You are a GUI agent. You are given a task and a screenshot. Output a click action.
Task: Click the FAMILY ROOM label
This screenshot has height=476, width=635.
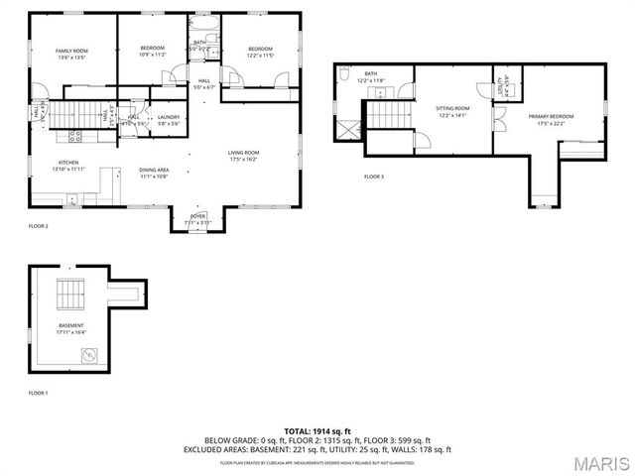[x=71, y=54]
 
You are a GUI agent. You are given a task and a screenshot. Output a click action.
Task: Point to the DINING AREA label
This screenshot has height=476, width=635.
[x=154, y=173]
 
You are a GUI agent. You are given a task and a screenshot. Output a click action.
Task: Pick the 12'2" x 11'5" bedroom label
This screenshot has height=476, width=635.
[x=260, y=52]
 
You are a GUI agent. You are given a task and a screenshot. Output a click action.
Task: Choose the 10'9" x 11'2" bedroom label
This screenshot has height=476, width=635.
[x=152, y=52]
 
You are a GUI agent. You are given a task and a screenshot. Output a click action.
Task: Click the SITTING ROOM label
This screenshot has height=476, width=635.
[x=452, y=111]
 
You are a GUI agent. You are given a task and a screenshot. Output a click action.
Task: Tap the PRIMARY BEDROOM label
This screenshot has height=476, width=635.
[x=555, y=121]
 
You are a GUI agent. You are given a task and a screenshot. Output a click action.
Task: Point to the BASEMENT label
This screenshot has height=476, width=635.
[x=71, y=328]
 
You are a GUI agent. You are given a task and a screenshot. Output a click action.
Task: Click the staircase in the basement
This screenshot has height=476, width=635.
[x=70, y=296]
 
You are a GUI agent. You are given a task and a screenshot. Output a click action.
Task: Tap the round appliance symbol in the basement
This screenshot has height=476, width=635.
[x=89, y=354]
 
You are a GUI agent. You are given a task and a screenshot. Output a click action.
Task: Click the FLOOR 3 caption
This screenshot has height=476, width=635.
[x=373, y=177]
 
